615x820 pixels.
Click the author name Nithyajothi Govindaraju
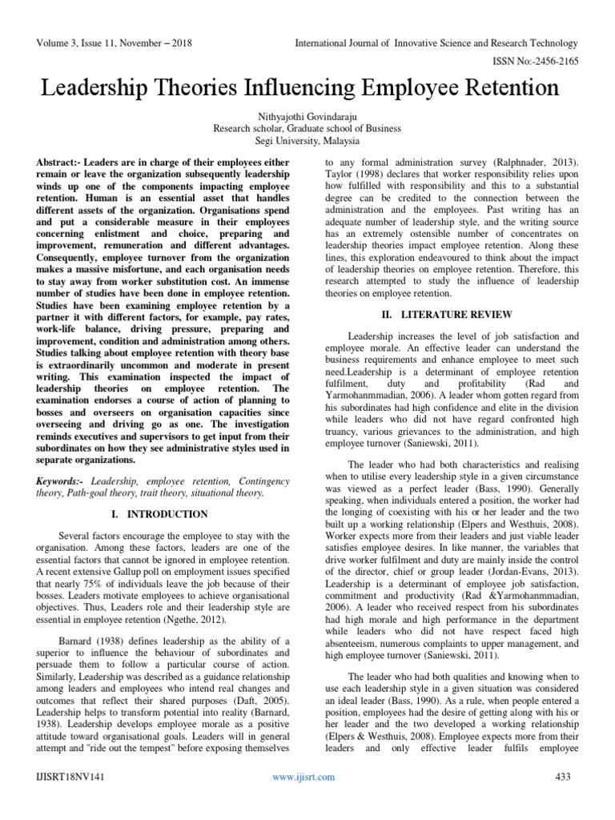tap(307, 115)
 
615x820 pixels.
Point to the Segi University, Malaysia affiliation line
tap(307, 139)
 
